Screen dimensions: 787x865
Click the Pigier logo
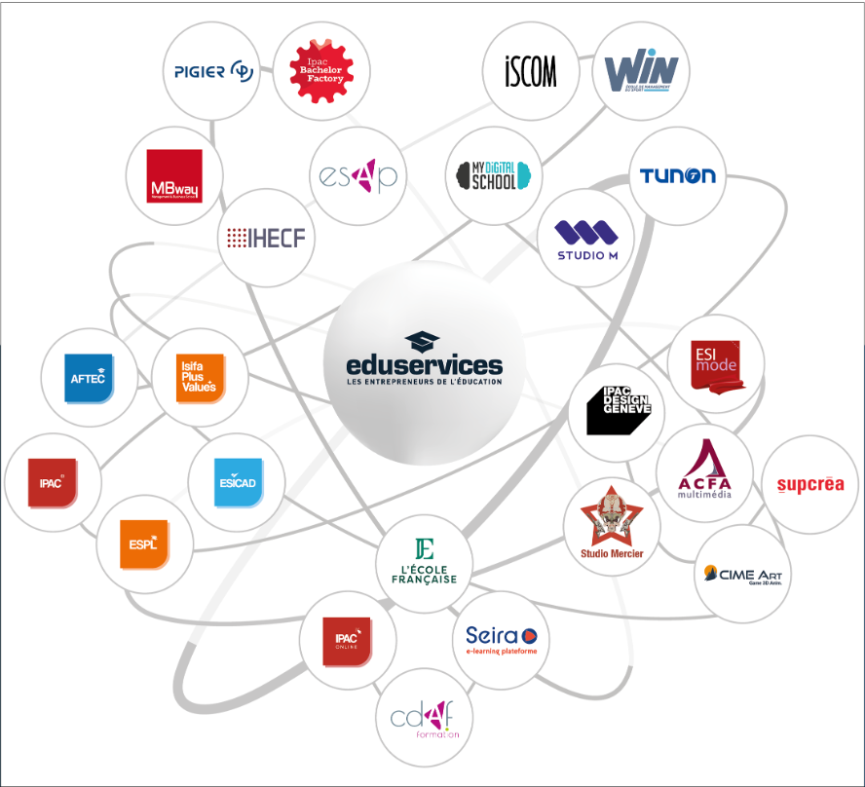pos(213,72)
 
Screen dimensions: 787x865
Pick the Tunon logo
pos(677,176)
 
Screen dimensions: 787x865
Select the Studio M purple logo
pos(586,239)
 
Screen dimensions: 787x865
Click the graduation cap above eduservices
pos(423,342)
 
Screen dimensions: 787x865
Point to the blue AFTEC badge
pos(90,378)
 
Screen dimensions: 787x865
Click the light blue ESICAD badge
pos(237,481)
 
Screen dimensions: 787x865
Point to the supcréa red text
pos(809,484)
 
